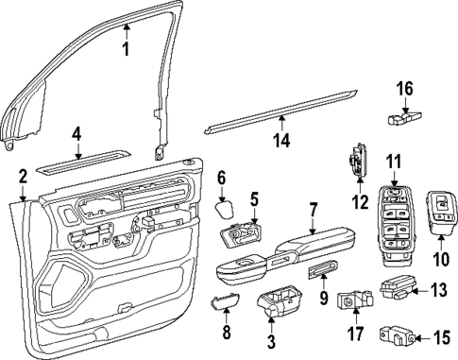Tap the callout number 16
click(404, 90)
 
